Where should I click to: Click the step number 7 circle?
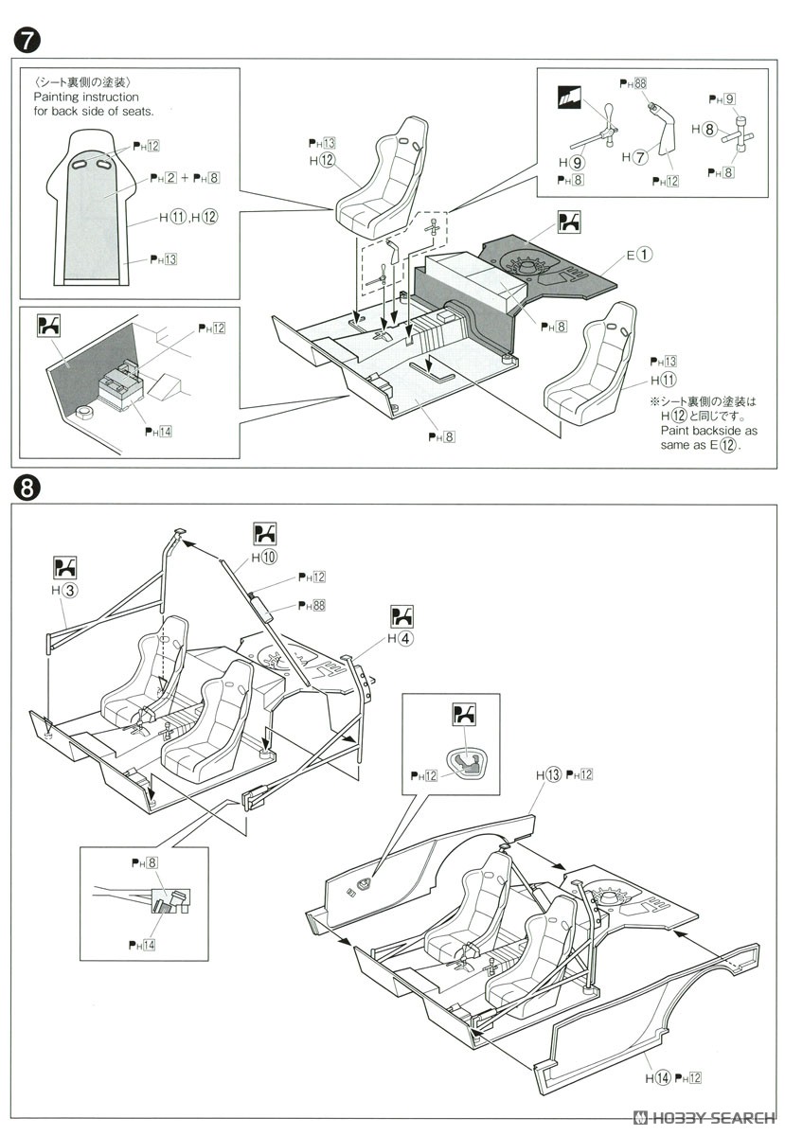(26, 42)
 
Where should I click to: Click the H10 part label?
(265, 557)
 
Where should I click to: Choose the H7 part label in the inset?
(634, 156)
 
